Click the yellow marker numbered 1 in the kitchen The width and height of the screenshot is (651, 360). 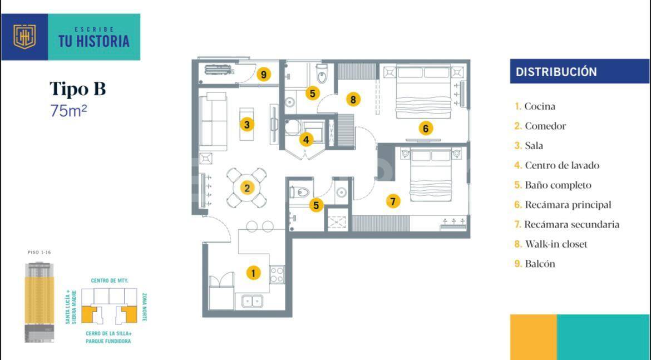click(253, 273)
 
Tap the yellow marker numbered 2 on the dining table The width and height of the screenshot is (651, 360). click(247, 188)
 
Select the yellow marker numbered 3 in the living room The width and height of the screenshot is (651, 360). click(247, 124)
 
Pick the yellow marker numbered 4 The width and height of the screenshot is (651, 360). click(306, 139)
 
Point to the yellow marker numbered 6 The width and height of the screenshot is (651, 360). click(426, 129)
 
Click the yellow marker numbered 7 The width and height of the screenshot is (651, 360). click(393, 201)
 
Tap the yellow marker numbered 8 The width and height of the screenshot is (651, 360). click(353, 100)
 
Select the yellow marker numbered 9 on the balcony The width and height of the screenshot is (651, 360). click(264, 74)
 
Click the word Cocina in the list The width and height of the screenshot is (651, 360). click(540, 106)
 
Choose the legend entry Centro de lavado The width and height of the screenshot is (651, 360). click(562, 165)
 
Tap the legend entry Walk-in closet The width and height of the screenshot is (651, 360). click(556, 244)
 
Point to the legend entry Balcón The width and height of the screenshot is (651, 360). click(540, 264)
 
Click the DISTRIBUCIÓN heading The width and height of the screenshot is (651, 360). click(556, 72)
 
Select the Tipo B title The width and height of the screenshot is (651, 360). click(77, 89)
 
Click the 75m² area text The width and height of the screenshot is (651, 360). click(68, 111)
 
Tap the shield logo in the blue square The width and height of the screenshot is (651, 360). click(24, 37)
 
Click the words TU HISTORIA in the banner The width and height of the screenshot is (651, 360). click(93, 41)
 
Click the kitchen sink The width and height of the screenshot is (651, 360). click(252, 301)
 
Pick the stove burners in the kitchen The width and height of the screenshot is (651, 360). click(277, 274)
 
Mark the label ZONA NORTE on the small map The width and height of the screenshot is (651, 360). click(144, 305)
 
